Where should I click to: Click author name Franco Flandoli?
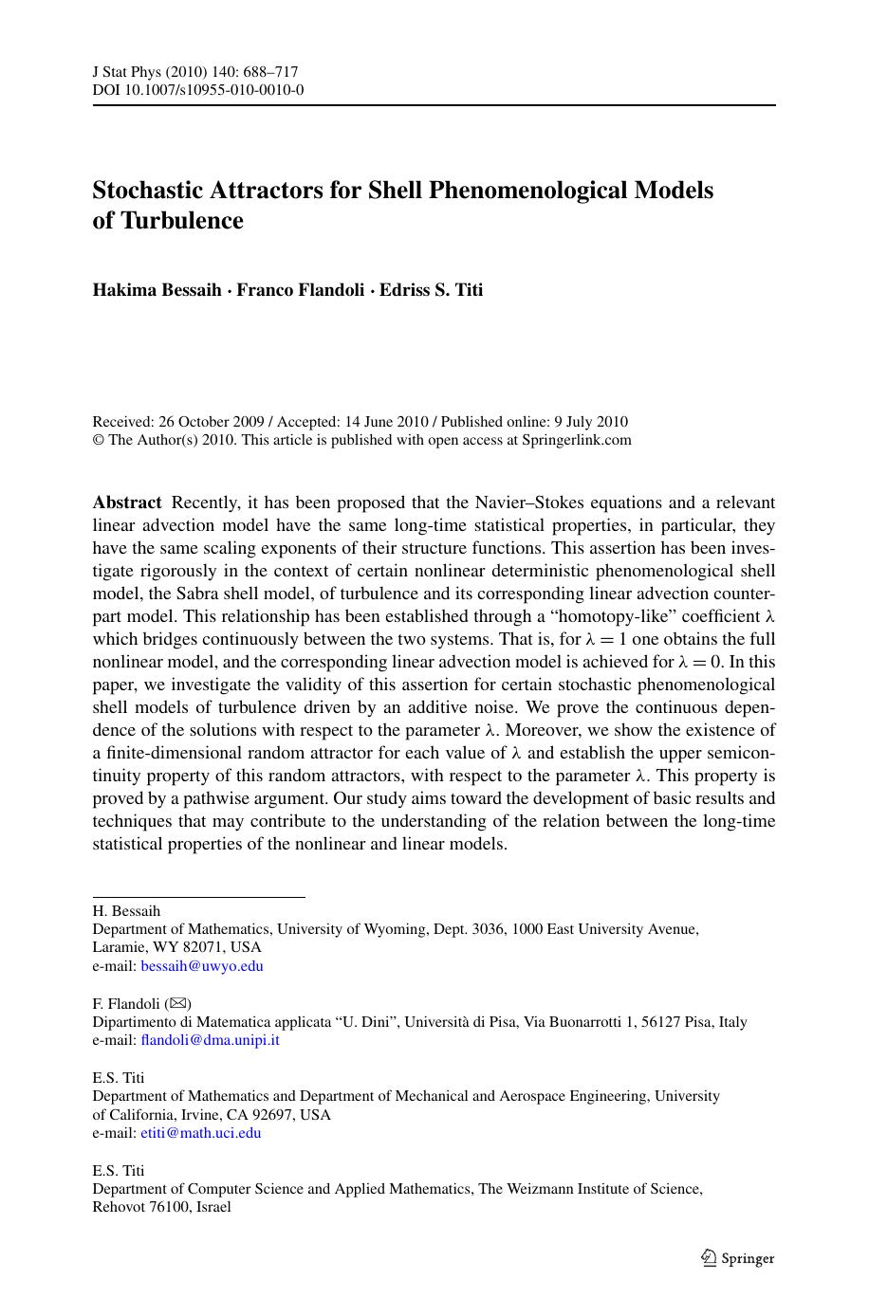tap(300, 290)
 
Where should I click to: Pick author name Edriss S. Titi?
tap(431, 290)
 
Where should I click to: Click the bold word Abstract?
tap(127, 503)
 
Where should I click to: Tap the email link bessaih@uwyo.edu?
tap(202, 966)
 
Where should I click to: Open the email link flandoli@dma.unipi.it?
tap(210, 1040)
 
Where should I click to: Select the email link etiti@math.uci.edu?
tap(200, 1133)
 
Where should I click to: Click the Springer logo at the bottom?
tap(737, 1258)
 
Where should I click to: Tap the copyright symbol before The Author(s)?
tap(98, 440)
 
